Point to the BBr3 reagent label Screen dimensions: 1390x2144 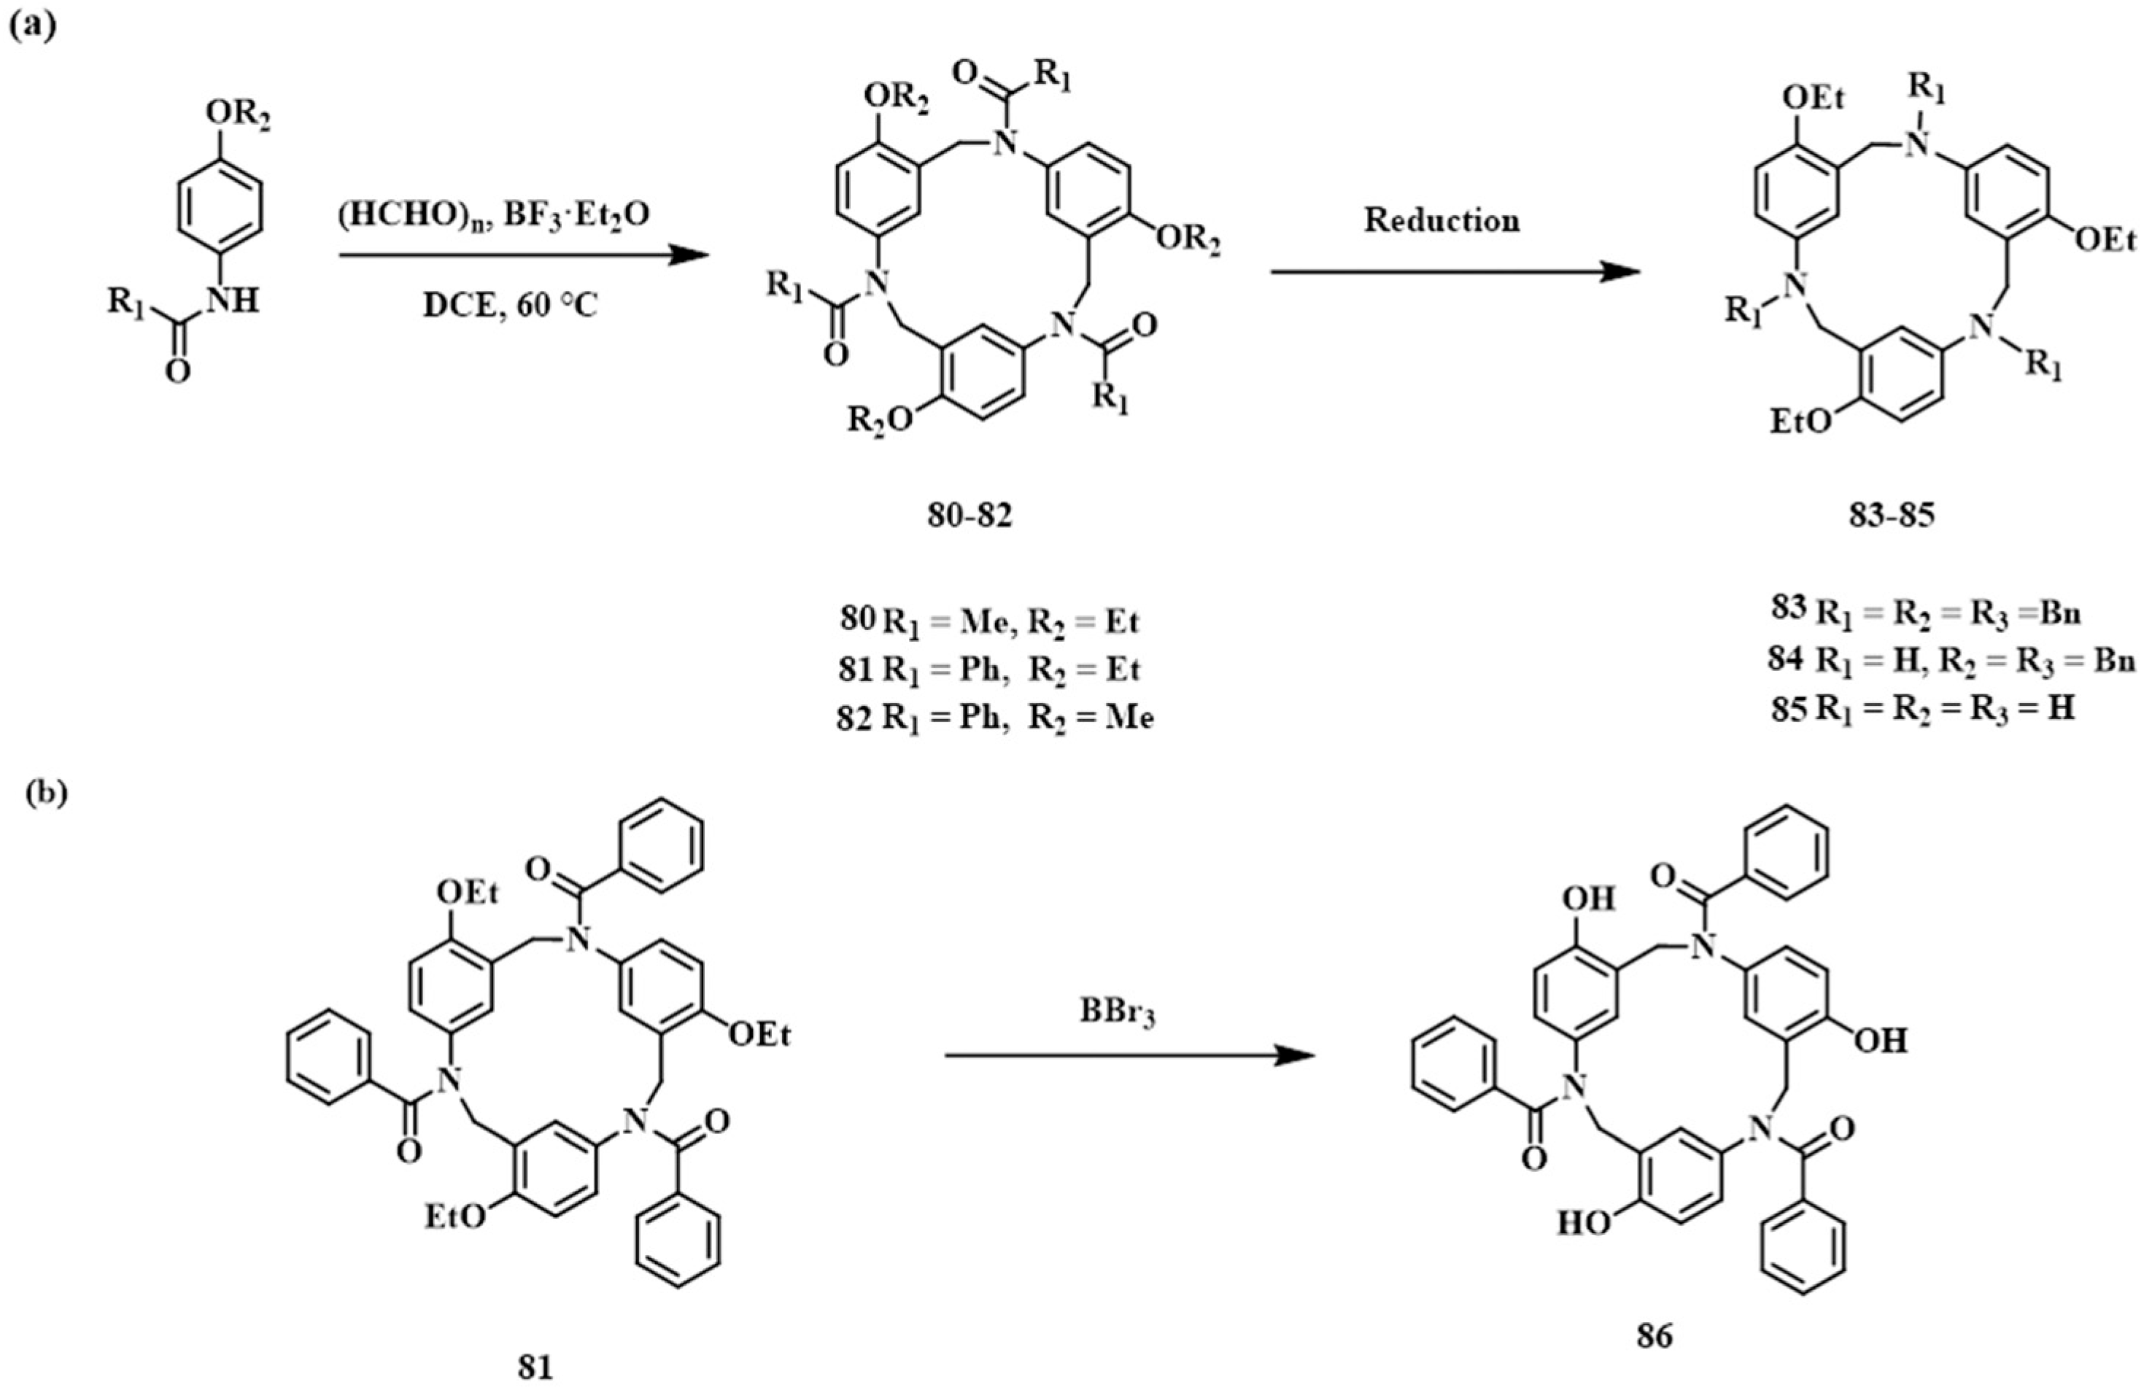1117,1014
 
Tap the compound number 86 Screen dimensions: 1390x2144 1654,1336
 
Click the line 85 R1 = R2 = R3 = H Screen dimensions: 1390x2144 1922,709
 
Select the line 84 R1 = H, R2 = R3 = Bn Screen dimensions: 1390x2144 1951,661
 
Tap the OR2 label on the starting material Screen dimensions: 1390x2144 237,114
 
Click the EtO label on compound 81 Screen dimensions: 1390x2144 456,1217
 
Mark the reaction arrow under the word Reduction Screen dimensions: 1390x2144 1455,271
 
